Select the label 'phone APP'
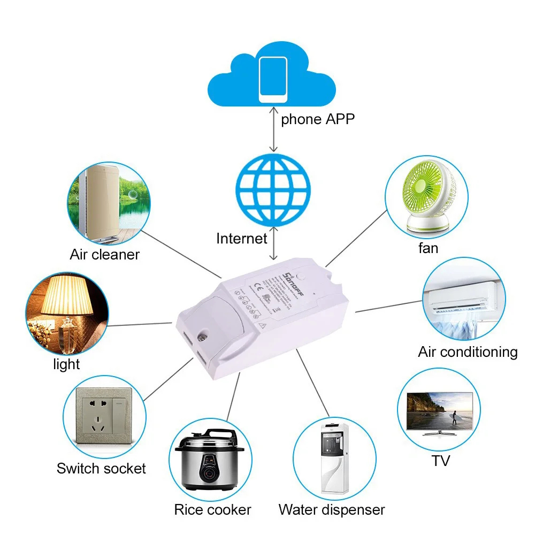[318, 119]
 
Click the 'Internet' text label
[241, 238]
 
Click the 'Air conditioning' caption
[468, 352]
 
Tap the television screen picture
[440, 411]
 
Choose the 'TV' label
[441, 460]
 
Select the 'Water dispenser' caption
[332, 510]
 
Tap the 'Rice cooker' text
[212, 510]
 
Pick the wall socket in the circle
[104, 414]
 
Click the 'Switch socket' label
[101, 469]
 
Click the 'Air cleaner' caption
[104, 254]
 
